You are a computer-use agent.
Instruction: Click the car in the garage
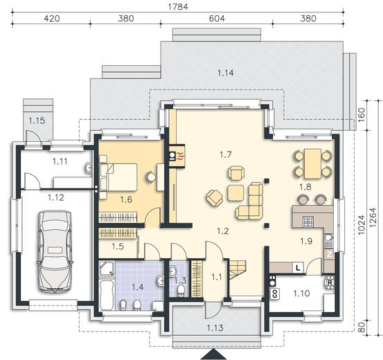[x=54, y=251]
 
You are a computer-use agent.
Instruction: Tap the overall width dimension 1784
[x=178, y=7]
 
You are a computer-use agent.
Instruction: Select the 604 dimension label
[x=217, y=18]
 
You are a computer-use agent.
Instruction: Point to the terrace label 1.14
[x=226, y=73]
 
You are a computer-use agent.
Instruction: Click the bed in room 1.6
[x=118, y=177]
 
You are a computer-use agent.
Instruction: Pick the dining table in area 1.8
[x=312, y=163]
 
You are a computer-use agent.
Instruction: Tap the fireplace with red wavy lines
[x=177, y=156]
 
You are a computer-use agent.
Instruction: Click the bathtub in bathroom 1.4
[x=107, y=296]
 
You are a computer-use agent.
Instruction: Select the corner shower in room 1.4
[x=107, y=269]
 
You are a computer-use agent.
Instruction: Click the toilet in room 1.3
[x=181, y=290]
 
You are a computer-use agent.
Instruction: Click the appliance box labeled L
[x=298, y=268]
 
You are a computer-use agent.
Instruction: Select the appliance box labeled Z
[x=329, y=255]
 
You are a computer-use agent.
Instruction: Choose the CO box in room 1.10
[x=275, y=294]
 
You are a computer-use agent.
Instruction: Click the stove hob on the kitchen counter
[x=309, y=222]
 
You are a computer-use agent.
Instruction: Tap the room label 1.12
[x=56, y=197]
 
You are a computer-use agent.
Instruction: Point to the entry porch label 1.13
[x=215, y=327]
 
